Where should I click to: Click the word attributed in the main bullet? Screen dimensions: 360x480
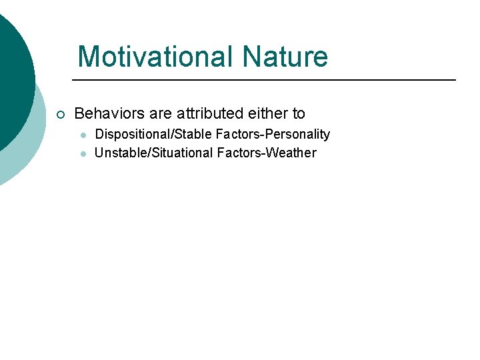pyautogui.click(x=208, y=113)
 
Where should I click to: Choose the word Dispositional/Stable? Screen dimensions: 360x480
pyautogui.click(x=153, y=134)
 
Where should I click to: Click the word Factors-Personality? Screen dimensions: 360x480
pyautogui.click(x=273, y=134)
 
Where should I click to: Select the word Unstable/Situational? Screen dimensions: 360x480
pyautogui.click(x=154, y=153)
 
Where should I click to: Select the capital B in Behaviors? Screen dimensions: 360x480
pyautogui.click(x=80, y=113)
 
